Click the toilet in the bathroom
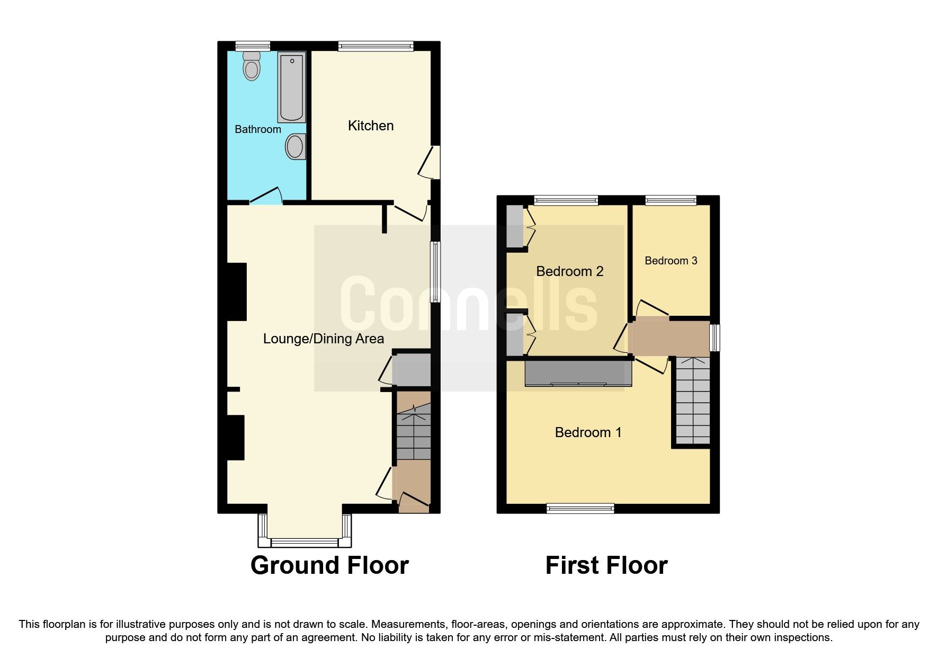[252, 66]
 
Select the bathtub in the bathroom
[291, 87]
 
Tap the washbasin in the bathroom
[295, 147]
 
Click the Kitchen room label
[370, 126]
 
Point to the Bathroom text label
[257, 129]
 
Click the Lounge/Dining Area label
[323, 339]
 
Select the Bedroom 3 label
[671, 261]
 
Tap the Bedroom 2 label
[569, 271]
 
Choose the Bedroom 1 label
[588, 432]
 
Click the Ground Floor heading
[329, 565]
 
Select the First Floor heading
[606, 565]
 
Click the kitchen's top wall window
[376, 47]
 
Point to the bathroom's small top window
[253, 47]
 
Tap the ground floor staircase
[414, 432]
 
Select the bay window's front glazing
[305, 542]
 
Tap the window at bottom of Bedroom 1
[580, 509]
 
